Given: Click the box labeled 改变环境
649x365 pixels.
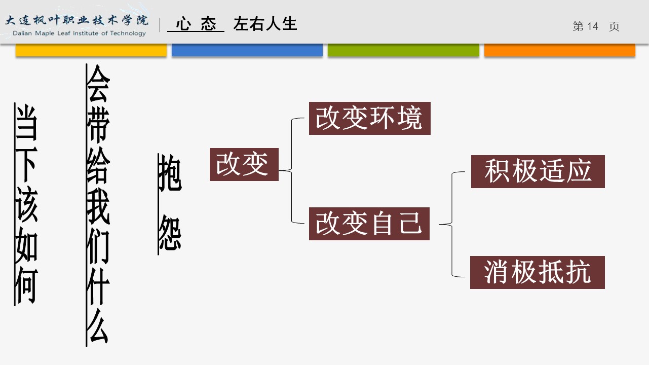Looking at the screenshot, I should coord(369,119).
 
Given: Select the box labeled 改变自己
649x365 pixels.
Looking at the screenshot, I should coord(369,224).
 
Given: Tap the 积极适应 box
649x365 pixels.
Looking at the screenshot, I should coord(538,172).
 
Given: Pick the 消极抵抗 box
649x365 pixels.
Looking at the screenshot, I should coord(537,273).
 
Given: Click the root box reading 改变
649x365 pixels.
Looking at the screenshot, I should coord(244,164).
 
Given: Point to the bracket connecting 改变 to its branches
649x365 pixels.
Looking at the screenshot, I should coord(293,171).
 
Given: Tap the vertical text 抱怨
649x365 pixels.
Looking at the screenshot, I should coord(169,203).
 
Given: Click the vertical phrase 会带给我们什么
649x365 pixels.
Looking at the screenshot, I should coord(98,205).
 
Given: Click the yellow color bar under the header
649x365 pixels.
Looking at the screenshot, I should coord(91,50).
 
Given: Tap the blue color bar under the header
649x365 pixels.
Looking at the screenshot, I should coord(247,50).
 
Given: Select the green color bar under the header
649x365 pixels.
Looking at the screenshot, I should coord(403,50).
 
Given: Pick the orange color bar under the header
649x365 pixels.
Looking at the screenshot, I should coord(559,50).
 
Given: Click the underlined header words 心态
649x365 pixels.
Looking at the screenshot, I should coord(196,24).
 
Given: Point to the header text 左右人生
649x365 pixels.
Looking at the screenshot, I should coord(265,24).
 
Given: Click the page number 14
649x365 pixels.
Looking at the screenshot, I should coord(592,26).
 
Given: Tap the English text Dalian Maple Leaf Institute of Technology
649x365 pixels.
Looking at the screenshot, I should coord(77,33).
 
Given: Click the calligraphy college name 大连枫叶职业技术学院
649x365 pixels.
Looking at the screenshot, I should coord(77,21).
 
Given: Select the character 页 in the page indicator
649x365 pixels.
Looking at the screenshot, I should coord(614,26).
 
